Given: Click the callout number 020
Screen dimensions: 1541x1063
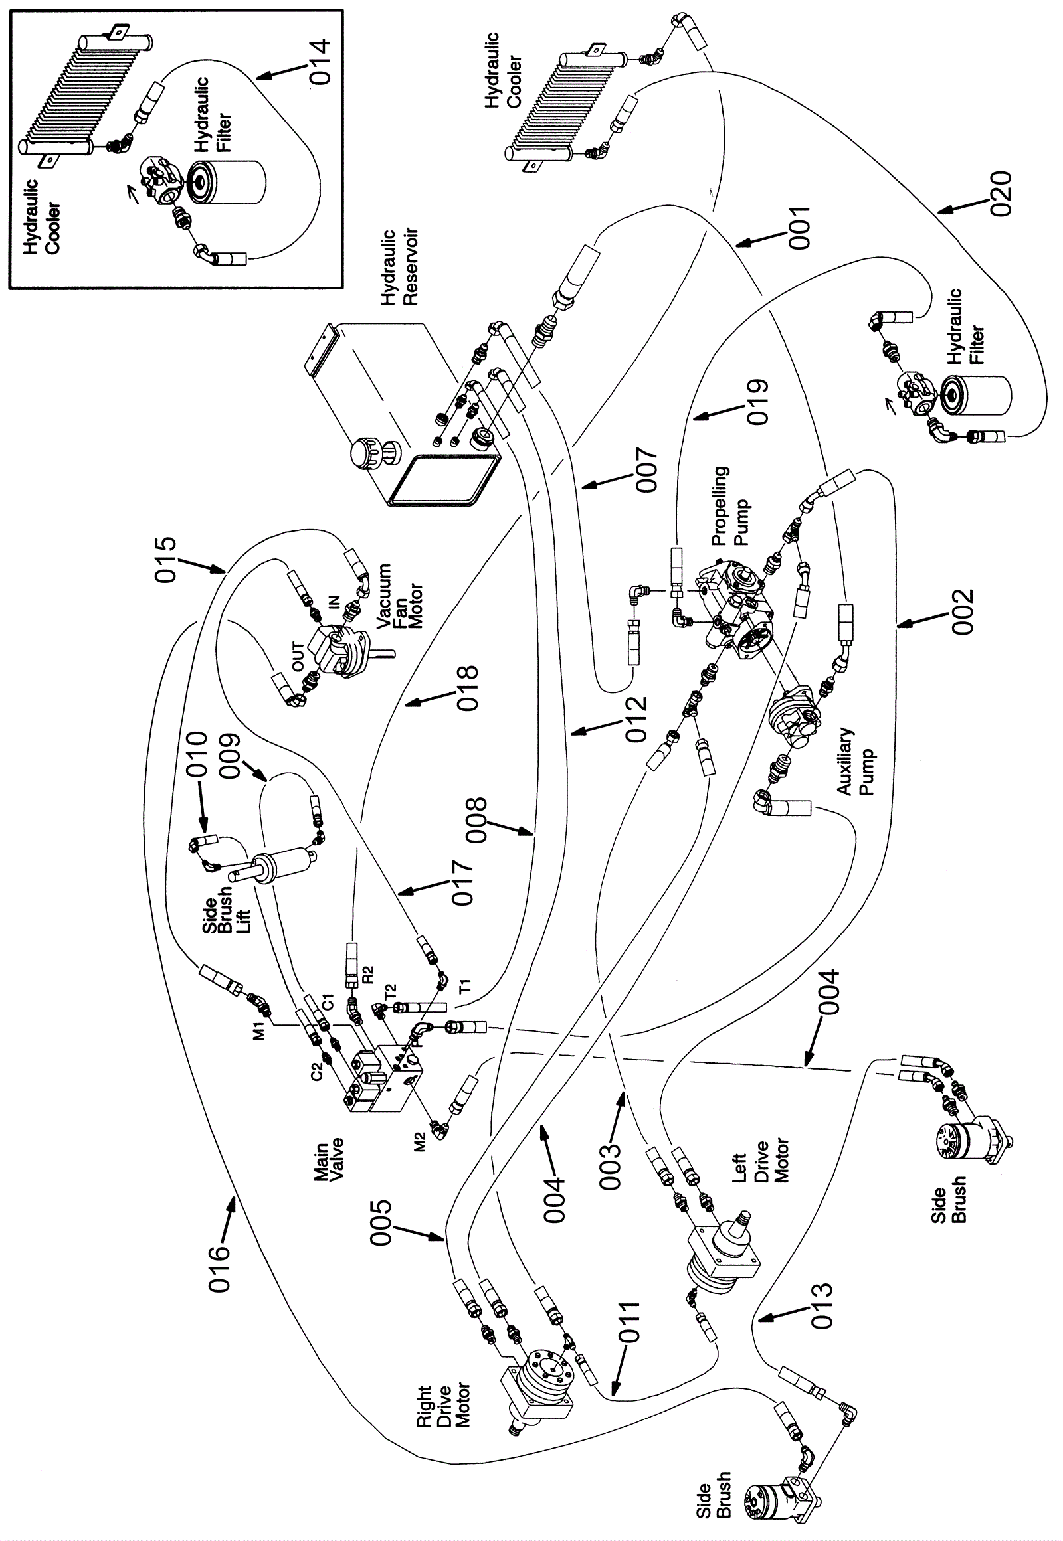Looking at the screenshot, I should coord(1001,194).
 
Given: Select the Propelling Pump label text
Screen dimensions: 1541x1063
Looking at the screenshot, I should coord(730,506).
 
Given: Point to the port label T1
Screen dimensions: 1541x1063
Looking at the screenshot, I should coord(466,986).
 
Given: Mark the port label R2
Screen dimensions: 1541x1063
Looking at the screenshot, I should coord(368,975).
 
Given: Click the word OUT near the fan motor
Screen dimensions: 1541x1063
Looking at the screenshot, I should coord(298,656).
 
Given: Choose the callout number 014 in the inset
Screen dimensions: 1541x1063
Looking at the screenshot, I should coord(320,61).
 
